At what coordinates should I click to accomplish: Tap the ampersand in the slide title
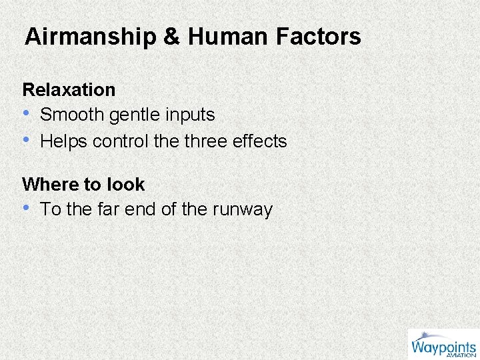point(171,37)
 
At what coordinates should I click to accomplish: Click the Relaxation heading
point(69,89)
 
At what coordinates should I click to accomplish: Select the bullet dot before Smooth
point(27,115)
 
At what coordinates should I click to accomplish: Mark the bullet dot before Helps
point(27,141)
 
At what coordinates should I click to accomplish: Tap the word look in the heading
point(126,184)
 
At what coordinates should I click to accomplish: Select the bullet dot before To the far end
point(27,209)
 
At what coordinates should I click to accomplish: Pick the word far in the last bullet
point(111,209)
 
